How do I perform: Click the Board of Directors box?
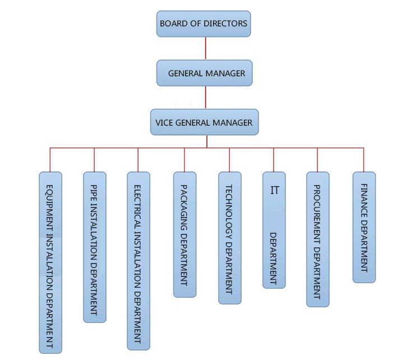(x=204, y=24)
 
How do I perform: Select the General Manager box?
(x=206, y=73)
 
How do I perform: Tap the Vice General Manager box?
(x=204, y=122)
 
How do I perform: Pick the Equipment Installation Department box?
(x=50, y=262)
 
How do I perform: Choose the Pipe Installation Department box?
(x=94, y=247)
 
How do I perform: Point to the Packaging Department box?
(x=185, y=234)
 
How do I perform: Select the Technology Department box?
(x=229, y=238)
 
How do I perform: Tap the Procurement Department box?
(x=317, y=239)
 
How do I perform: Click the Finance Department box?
(x=364, y=227)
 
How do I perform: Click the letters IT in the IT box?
(x=274, y=190)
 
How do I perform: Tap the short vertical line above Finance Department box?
(x=364, y=160)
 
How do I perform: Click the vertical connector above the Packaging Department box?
(x=185, y=160)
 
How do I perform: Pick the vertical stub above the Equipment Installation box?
(x=50, y=160)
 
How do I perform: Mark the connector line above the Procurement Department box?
(x=317, y=160)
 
